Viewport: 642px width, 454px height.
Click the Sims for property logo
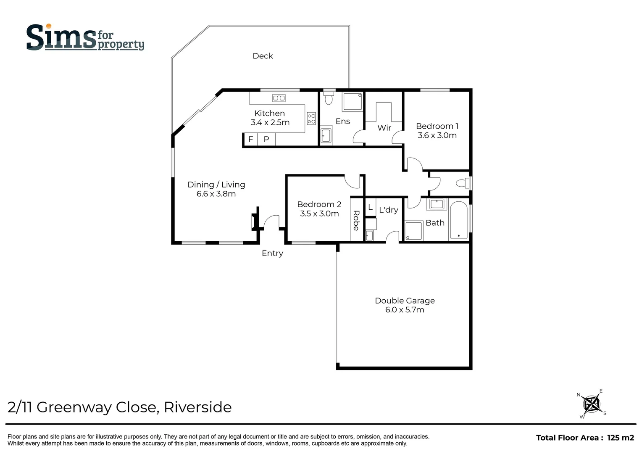click(85, 38)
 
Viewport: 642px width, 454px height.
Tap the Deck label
click(263, 56)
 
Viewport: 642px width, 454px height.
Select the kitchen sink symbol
click(279, 98)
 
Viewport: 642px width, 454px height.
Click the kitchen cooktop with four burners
click(311, 118)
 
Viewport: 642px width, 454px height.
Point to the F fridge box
click(251, 139)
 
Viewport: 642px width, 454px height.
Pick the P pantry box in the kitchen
click(266, 139)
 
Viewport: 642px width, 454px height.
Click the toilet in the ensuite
click(329, 98)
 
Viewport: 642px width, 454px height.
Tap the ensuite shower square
click(353, 101)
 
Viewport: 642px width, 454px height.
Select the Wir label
click(384, 128)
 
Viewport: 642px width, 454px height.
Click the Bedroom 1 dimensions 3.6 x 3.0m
click(437, 135)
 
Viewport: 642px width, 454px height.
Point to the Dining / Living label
click(216, 185)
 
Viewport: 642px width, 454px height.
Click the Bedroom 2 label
click(319, 204)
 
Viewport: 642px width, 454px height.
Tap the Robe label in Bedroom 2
click(356, 220)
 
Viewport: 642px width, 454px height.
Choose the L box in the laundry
click(370, 208)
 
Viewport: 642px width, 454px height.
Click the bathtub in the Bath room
click(459, 220)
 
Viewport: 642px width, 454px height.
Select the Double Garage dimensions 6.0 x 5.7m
click(405, 310)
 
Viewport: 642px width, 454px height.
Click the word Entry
click(272, 253)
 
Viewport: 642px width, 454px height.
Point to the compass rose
click(592, 404)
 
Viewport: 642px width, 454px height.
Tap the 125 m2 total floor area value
click(620, 438)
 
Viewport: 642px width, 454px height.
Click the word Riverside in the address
click(197, 407)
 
